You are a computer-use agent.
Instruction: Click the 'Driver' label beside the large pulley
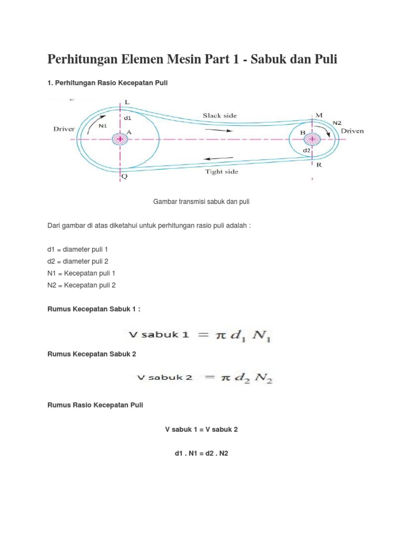(65, 128)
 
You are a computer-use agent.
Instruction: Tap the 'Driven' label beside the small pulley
(352, 131)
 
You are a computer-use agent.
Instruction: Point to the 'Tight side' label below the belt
(221, 171)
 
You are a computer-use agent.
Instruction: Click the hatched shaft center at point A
(120, 139)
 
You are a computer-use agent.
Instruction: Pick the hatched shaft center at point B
(313, 139)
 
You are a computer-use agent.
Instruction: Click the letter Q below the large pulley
(124, 177)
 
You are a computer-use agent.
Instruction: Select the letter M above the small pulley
(319, 115)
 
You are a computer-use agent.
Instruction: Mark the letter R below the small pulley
(319, 165)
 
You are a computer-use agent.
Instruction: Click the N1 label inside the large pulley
(103, 125)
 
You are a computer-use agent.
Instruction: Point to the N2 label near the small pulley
(337, 122)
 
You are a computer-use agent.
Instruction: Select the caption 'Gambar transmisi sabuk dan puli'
(201, 201)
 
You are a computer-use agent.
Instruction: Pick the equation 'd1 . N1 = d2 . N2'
(201, 454)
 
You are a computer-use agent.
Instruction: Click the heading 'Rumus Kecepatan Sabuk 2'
(92, 354)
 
